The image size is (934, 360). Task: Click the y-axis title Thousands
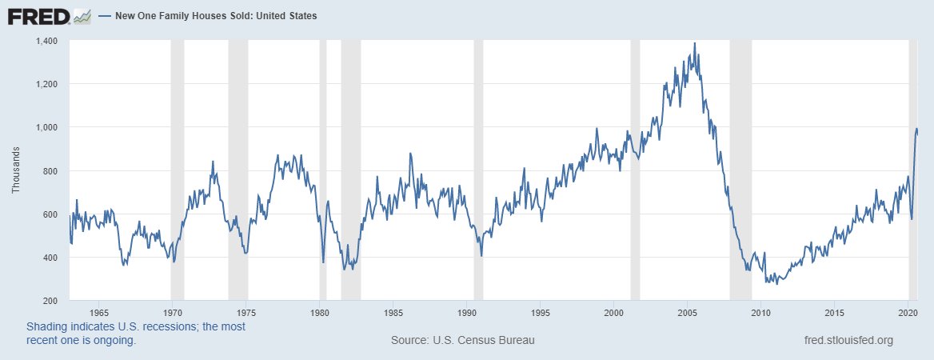(x=16, y=170)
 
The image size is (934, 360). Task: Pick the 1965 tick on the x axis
(x=99, y=312)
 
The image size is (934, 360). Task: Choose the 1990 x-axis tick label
(x=466, y=312)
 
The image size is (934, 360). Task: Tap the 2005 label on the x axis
(x=687, y=312)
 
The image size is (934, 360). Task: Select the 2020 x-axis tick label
(x=907, y=312)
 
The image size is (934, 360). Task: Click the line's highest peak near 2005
(x=694, y=43)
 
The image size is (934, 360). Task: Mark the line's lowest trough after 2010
(x=776, y=283)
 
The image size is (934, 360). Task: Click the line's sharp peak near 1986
(x=410, y=154)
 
